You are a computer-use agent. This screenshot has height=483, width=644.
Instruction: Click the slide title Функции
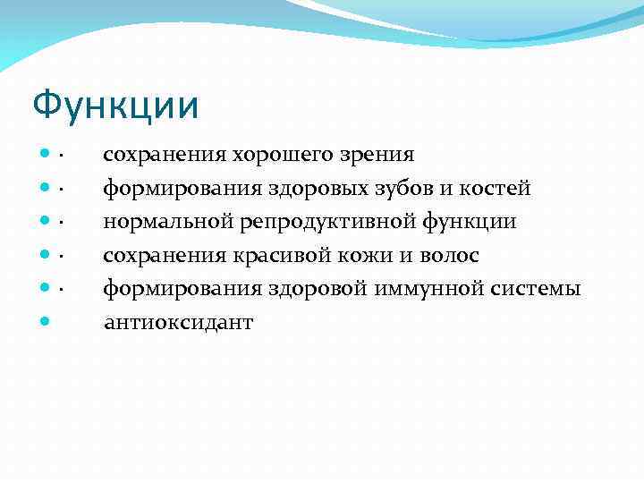pyautogui.click(x=115, y=106)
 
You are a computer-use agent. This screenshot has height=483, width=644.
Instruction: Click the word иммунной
pyautogui.click(x=428, y=289)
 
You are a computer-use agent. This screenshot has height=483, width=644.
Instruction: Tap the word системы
pyautogui.click(x=538, y=289)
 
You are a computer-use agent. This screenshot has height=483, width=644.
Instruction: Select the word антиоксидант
pyautogui.click(x=178, y=323)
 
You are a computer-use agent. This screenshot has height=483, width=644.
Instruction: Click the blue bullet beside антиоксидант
pyautogui.click(x=43, y=322)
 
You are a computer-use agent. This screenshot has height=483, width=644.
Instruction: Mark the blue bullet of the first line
pyautogui.click(x=43, y=155)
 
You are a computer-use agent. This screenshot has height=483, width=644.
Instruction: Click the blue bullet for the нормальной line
pyautogui.click(x=43, y=222)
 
